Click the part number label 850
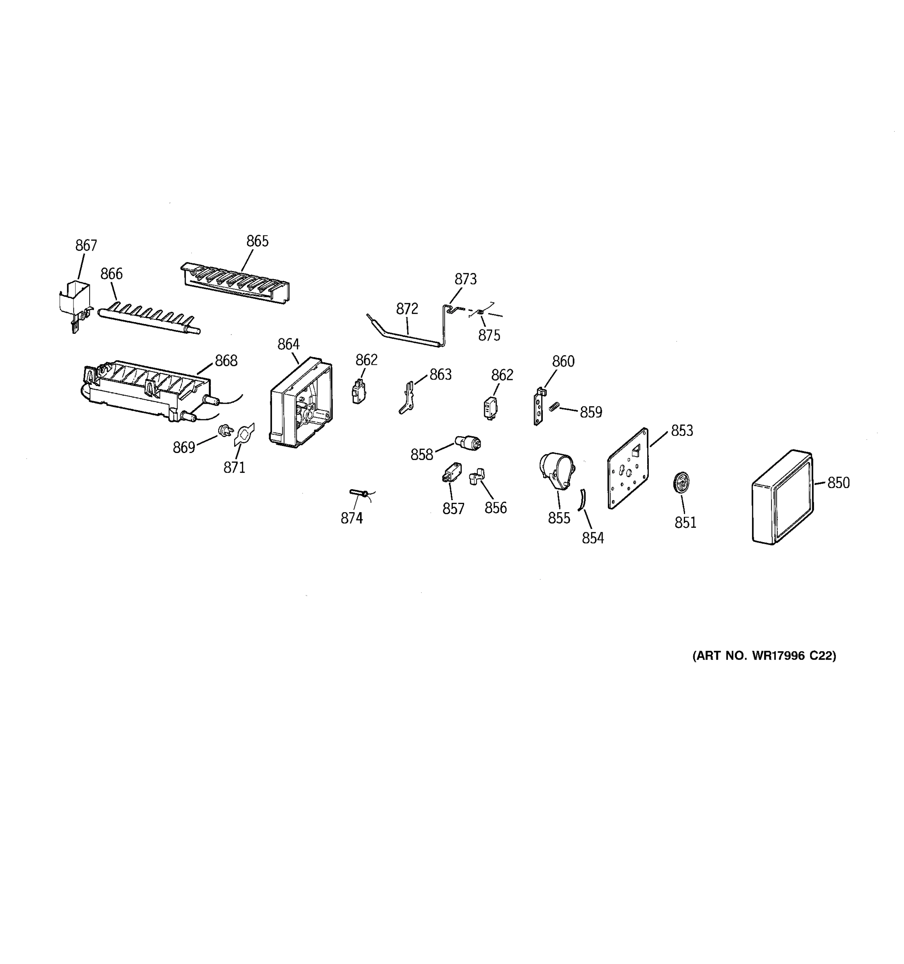(838, 482)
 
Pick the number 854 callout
(593, 538)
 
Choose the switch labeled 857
(452, 472)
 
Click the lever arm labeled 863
(407, 397)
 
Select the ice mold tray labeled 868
(145, 390)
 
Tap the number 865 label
(257, 241)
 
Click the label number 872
(407, 308)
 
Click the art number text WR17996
(779, 656)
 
